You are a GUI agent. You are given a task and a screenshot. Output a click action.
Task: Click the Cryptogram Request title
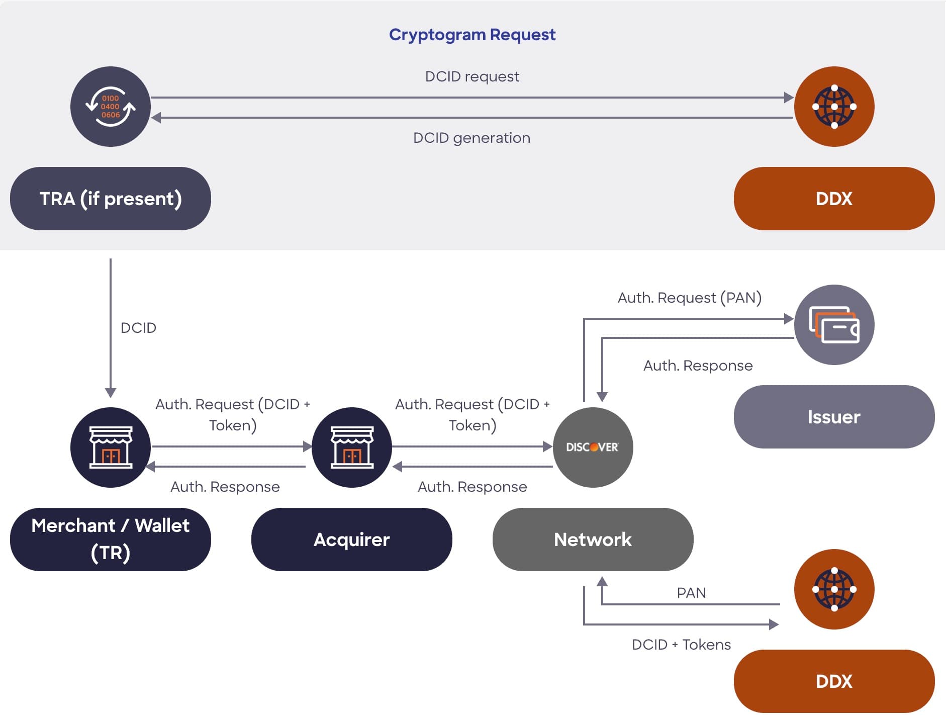[x=472, y=35]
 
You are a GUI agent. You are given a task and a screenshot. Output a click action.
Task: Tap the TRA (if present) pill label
[x=111, y=199]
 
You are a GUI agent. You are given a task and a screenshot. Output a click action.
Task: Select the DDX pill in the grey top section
[x=834, y=199]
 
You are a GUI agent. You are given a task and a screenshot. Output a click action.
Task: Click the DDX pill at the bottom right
[x=834, y=681]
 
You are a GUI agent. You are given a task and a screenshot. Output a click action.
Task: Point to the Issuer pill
[x=834, y=417]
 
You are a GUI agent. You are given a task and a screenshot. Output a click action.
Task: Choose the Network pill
[x=593, y=540]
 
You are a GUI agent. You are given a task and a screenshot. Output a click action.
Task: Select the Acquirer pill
[x=351, y=540]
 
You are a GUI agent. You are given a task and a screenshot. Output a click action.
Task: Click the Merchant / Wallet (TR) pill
[x=111, y=539]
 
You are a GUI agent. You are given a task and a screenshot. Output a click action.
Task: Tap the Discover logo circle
[x=593, y=447]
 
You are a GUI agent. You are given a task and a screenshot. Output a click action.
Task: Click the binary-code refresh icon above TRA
[x=111, y=107]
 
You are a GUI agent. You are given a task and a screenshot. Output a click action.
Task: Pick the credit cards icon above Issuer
[x=834, y=325]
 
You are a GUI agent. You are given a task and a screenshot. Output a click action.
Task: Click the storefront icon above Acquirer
[x=352, y=447]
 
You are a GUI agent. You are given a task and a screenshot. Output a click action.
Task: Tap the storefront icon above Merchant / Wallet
[x=111, y=447]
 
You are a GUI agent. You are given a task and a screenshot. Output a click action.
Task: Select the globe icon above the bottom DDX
[x=834, y=589]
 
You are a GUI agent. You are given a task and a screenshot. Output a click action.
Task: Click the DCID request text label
[x=472, y=76]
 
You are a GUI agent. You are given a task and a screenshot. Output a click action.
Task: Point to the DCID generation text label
[x=471, y=138]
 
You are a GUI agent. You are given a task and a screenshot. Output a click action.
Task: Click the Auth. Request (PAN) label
[x=689, y=298]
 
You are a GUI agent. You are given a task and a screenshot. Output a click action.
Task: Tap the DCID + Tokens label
[x=681, y=645]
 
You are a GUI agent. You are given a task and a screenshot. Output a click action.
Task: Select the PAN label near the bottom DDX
[x=691, y=593]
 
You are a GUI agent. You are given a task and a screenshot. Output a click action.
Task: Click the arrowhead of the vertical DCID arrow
[x=111, y=393]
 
